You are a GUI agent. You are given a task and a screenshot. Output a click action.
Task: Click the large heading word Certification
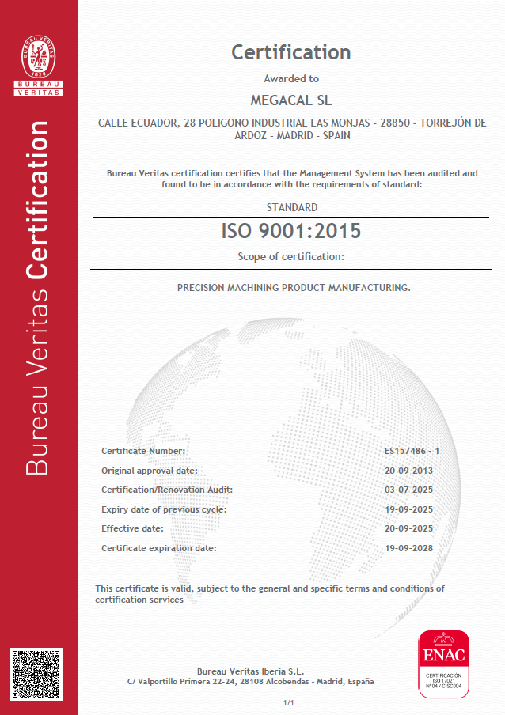pos(290,52)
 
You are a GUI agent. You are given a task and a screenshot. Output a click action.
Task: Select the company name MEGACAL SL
pos(290,100)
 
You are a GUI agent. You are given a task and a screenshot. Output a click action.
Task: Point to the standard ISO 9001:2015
pos(290,231)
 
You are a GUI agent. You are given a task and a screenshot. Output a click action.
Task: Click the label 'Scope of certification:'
pos(290,256)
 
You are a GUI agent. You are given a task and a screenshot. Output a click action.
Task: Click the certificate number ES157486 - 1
pos(411,451)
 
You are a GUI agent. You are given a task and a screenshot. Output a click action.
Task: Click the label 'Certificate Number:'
pos(143,451)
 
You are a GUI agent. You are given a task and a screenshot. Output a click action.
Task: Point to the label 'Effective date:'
pos(132,528)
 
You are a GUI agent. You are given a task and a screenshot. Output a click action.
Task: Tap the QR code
pos(36,674)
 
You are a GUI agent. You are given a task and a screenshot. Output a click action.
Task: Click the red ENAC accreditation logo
pos(443,664)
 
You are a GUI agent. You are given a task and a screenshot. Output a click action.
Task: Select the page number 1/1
pos(289,702)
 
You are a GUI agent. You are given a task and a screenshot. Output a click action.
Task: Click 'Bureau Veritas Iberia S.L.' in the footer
pos(250,671)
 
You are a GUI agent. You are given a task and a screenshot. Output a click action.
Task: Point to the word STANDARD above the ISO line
pos(292,207)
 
